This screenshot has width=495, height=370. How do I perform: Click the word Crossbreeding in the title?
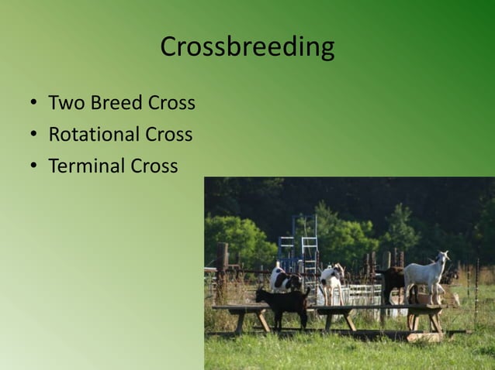[247, 47]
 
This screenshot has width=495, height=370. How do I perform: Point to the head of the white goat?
[443, 258]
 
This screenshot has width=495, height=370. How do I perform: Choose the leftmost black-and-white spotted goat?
[282, 279]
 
